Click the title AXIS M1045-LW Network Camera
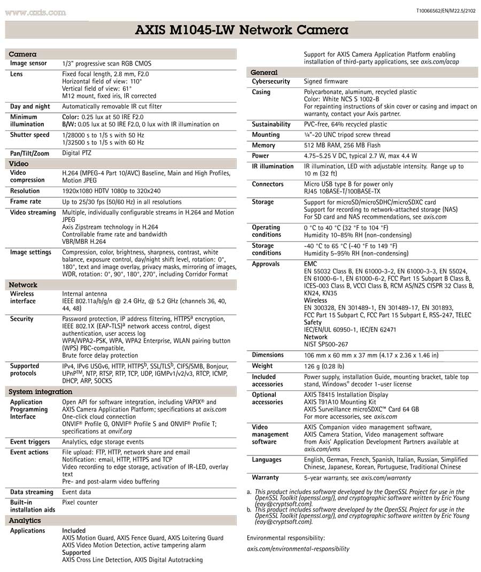pyautogui.click(x=242, y=30)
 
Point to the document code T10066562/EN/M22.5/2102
pyautogui.click(x=445, y=11)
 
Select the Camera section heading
pyautogui.click(x=23, y=54)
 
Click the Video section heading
pyautogui.click(x=19, y=164)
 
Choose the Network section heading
pyautogui.click(x=24, y=285)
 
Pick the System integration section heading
pyautogui.click(x=41, y=392)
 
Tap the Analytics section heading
pyautogui.click(x=25, y=520)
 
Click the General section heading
pyautogui.click(x=264, y=72)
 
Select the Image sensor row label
pyautogui.click(x=28, y=64)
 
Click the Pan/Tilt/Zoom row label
pyautogui.click(x=29, y=153)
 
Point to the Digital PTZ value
pyautogui.click(x=76, y=153)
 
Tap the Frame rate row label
pyautogui.click(x=26, y=202)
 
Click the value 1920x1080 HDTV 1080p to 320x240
pyautogui.click(x=111, y=191)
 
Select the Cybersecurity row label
pyautogui.click(x=271, y=82)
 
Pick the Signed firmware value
pyautogui.click(x=325, y=82)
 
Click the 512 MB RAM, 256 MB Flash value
pyautogui.click(x=342, y=145)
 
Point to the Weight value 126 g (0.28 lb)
pyautogui.click(x=324, y=366)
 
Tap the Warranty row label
pyautogui.click(x=265, y=477)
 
